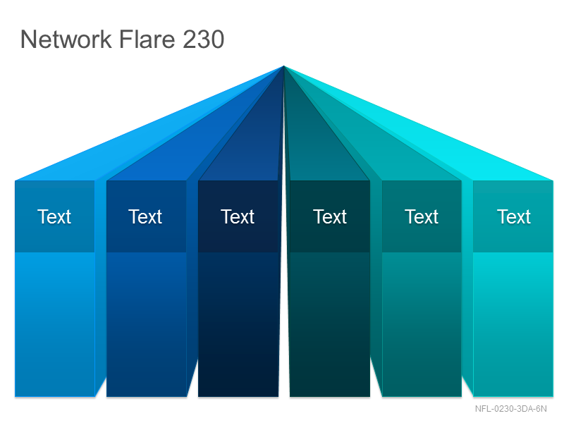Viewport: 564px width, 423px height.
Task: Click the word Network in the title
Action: pos(66,39)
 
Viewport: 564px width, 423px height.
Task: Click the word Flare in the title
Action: pos(147,39)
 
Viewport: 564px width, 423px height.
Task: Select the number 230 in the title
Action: pos(204,39)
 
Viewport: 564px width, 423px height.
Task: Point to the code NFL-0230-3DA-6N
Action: pos(510,409)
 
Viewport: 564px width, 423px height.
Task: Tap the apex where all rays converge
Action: pos(284,66)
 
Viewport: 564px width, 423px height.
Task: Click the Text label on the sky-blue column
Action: pos(54,216)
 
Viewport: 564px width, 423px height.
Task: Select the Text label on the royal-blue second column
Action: pos(145,216)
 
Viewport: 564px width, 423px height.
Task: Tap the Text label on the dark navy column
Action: pos(238,216)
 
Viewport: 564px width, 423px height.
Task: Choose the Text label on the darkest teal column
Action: pos(330,216)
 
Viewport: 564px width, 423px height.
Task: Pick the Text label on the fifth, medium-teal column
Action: pos(422,216)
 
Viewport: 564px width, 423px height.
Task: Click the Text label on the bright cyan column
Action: pos(514,216)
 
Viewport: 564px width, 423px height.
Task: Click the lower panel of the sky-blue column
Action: pos(55,324)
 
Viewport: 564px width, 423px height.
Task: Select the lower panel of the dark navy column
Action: pos(238,324)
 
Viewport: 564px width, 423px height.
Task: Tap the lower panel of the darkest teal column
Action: pos(330,324)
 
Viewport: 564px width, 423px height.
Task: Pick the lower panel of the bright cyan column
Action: pos(513,324)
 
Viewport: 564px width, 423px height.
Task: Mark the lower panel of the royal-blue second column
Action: pos(147,324)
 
